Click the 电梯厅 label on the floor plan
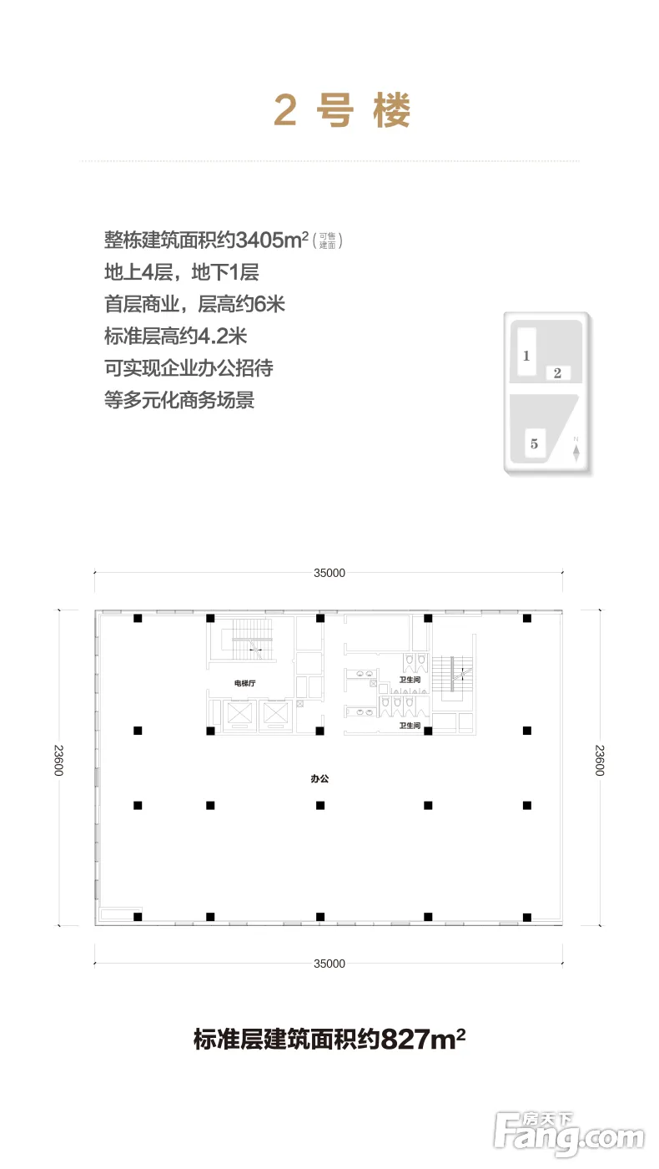244,683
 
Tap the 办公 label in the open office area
319,778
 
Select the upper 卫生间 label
410,680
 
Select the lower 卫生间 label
410,726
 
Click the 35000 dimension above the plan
329,573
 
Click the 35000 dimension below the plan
329,964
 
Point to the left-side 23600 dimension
58,761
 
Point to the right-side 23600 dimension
600,761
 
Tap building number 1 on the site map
526,356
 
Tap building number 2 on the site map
557,373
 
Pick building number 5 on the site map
534,444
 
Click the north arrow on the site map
576,450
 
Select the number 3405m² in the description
272,240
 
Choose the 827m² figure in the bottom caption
423,1039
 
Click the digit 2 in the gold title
285,110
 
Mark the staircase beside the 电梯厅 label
252,640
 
